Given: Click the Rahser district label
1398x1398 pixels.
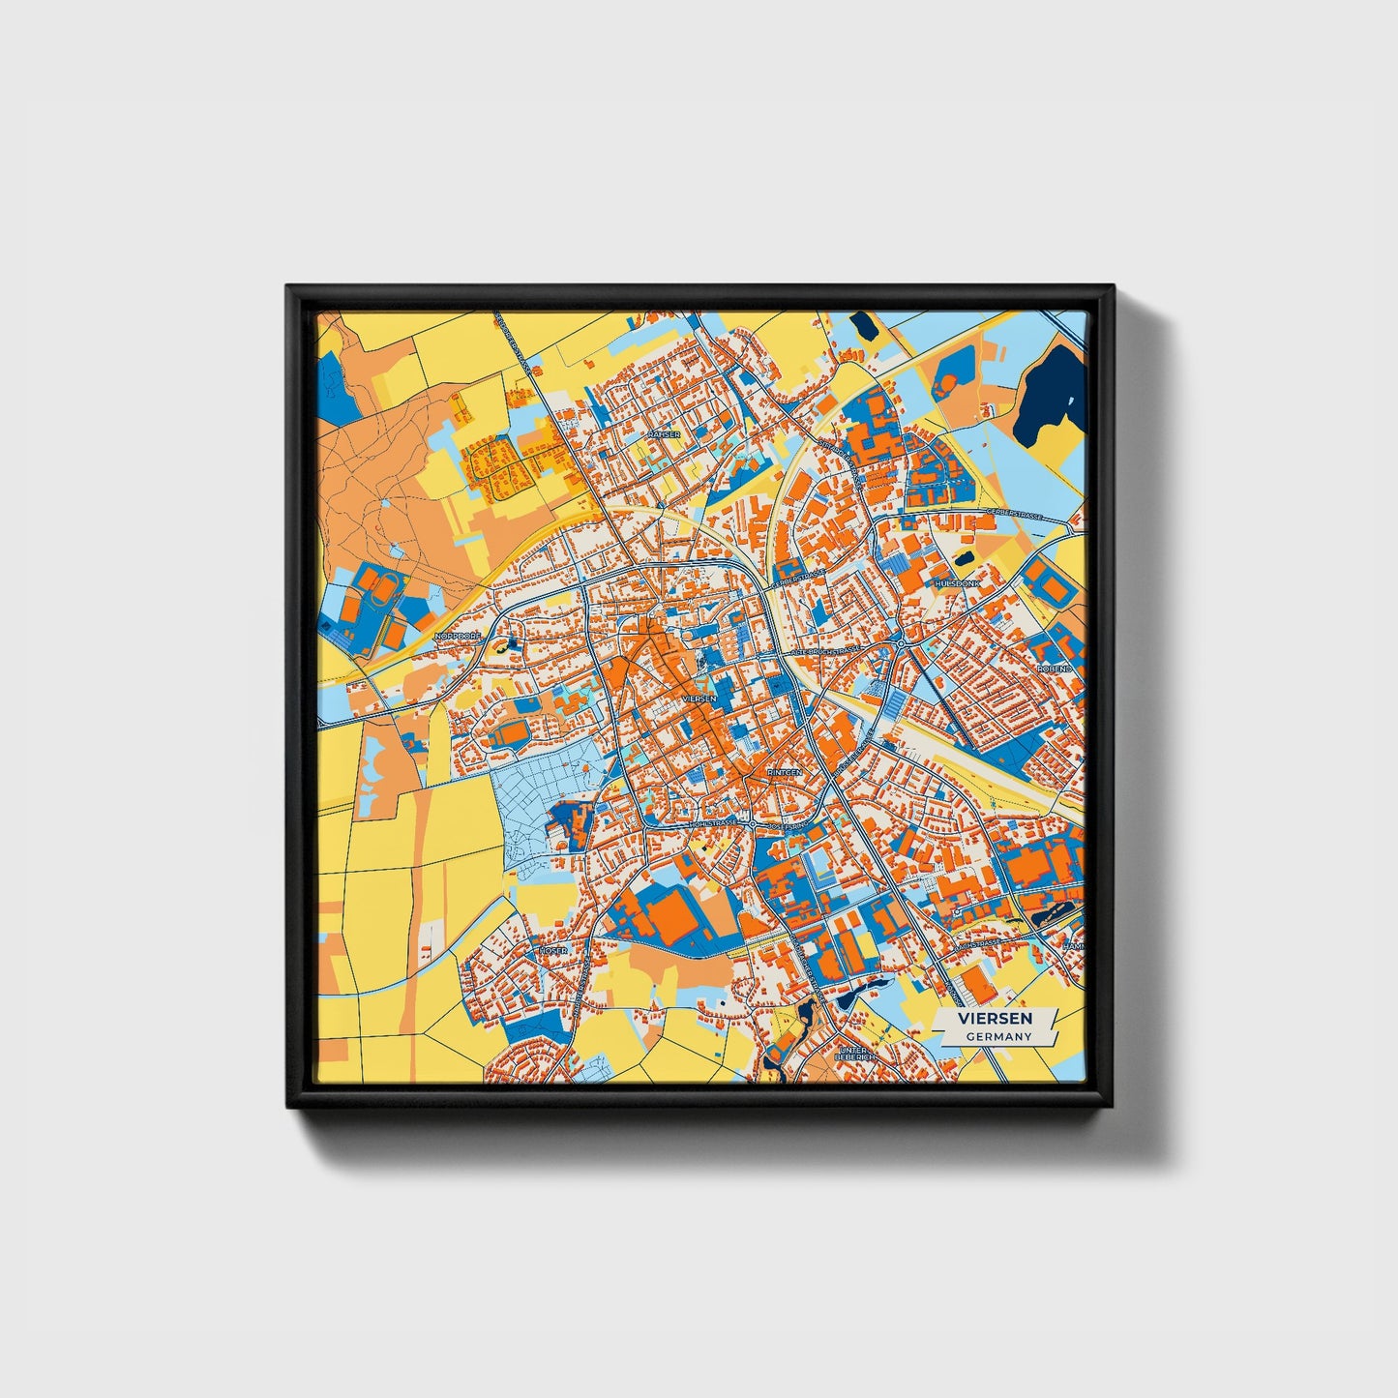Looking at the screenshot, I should (x=666, y=434).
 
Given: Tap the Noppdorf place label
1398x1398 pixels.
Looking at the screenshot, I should (x=458, y=636).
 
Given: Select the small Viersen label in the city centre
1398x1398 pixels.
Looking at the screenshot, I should (x=699, y=698).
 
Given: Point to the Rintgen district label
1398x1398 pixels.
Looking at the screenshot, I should (x=784, y=773).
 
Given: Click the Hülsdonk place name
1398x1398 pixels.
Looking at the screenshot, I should (x=957, y=584).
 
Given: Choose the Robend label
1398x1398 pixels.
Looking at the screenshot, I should (x=1055, y=669).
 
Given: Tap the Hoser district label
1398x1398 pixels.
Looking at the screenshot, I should (x=554, y=951).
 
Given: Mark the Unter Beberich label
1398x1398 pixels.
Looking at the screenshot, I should (x=855, y=1053).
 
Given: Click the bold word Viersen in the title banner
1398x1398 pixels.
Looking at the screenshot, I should (x=995, y=1019).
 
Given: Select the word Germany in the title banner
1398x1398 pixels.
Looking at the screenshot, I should (x=998, y=1036).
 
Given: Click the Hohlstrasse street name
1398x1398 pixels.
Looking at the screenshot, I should (x=713, y=823).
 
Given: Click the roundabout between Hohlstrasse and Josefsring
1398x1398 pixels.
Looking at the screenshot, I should (x=753, y=824).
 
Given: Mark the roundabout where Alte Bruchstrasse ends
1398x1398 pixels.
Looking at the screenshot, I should (x=900, y=643).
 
